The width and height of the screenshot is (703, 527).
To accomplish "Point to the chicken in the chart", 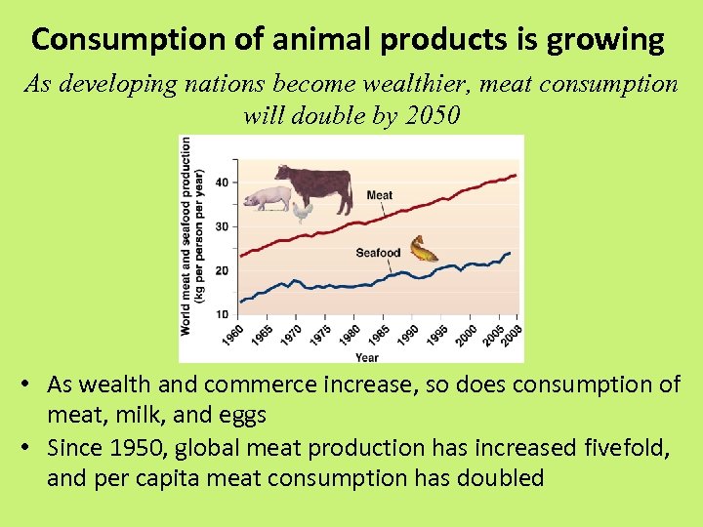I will (302, 212).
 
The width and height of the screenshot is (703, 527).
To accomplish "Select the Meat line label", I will (380, 195).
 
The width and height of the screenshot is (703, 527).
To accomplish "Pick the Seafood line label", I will (378, 254).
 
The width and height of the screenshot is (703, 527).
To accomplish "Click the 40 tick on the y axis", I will (223, 182).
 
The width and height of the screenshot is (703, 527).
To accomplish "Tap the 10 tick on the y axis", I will (223, 314).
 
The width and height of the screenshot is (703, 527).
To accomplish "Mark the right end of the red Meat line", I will (516, 176).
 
